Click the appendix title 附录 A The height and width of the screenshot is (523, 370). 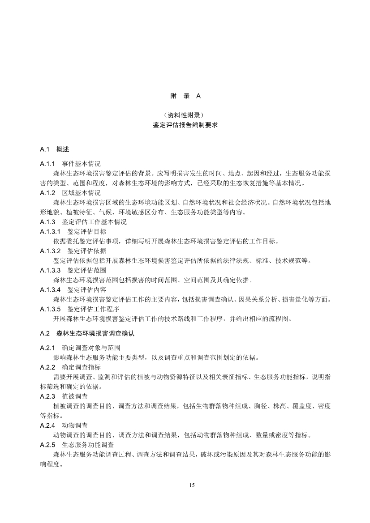[x=185, y=96]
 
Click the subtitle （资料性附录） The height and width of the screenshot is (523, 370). [x=185, y=115]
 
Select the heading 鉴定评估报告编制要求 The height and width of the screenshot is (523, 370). [x=185, y=125]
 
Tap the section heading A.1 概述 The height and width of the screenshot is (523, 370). [x=54, y=149]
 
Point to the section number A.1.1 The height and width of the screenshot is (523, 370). [x=47, y=164]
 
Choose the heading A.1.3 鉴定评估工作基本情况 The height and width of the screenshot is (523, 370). [x=83, y=222]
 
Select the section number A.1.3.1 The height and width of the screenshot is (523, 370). [x=50, y=232]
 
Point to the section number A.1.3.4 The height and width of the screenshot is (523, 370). [x=50, y=289]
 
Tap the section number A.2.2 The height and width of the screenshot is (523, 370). [x=47, y=367]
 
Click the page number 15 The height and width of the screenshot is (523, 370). [x=192, y=485]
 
